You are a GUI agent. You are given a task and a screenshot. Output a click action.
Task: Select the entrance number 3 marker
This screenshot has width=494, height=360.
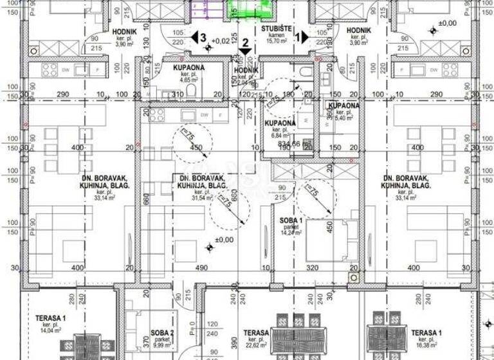point(203,38)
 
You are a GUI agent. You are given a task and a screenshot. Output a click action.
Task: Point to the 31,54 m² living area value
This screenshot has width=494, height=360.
point(203,198)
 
